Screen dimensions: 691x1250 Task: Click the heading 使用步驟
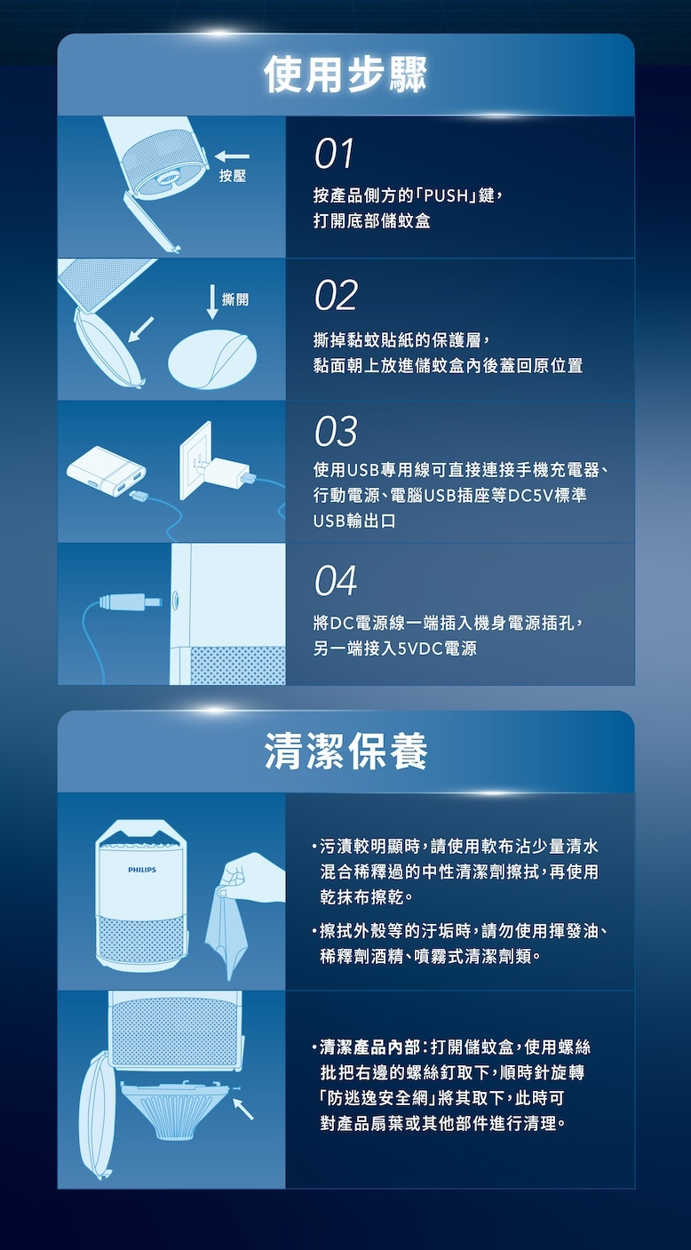click(345, 75)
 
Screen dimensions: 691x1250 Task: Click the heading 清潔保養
click(345, 751)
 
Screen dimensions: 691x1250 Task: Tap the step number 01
click(334, 154)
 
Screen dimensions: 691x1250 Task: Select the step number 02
click(336, 296)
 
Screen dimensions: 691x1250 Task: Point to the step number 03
click(336, 432)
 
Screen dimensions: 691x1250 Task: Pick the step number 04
click(336, 581)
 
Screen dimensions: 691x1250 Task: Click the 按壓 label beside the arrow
click(233, 176)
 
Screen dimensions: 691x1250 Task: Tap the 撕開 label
click(235, 299)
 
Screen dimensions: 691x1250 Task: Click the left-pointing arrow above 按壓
click(232, 156)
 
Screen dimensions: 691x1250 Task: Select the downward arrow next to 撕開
click(212, 302)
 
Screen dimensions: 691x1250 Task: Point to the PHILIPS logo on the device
click(141, 870)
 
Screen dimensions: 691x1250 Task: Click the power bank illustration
click(107, 472)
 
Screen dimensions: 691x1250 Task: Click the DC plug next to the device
click(131, 601)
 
